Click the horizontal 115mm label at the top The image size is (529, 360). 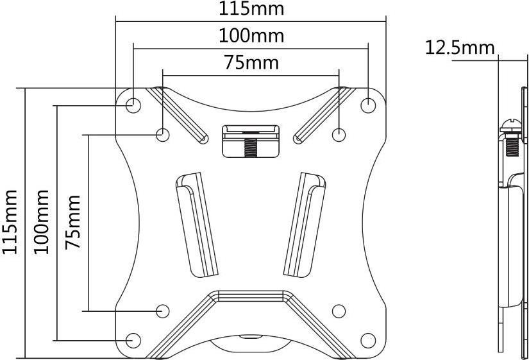pyautogui.click(x=251, y=9)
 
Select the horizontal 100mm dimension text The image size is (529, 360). pyautogui.click(x=251, y=36)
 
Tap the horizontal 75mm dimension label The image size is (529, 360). pyautogui.click(x=252, y=63)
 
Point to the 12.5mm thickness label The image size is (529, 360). pyautogui.click(x=460, y=47)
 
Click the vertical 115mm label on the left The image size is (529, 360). pyautogui.click(x=10, y=222)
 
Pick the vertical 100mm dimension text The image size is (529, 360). pyautogui.click(x=41, y=222)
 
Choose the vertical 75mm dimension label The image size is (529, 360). pyautogui.click(x=73, y=222)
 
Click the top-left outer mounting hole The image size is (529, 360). pyautogui.click(x=133, y=105)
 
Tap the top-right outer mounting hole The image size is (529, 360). pyautogui.click(x=368, y=105)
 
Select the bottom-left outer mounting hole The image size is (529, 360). pyautogui.click(x=133, y=340)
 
